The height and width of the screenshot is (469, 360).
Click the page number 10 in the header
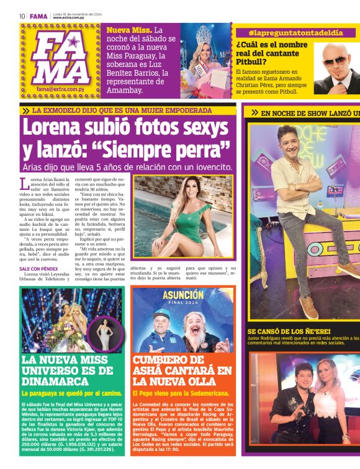click(22, 16)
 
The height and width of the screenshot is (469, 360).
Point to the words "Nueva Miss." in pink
click(128, 30)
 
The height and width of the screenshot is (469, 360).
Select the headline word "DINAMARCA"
click(55, 381)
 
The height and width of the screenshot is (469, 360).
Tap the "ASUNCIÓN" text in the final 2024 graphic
click(183, 295)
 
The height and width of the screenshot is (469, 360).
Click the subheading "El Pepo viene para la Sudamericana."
click(181, 393)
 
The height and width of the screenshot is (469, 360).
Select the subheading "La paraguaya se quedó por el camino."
click(71, 393)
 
